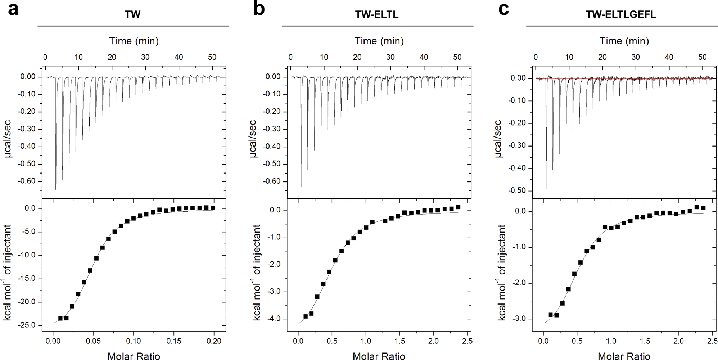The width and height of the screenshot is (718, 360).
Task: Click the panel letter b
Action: point(259,9)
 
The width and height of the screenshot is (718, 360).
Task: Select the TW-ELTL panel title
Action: point(377,14)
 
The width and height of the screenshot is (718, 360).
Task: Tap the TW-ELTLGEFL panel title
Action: point(621,14)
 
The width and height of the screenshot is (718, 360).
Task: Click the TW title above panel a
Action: point(132,14)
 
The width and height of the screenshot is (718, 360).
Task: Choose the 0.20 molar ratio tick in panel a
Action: point(214,341)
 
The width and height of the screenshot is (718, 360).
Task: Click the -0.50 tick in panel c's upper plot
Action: point(518,190)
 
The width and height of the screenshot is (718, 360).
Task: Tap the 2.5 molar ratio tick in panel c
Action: point(712,341)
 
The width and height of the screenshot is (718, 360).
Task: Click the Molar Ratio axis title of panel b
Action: point(379,356)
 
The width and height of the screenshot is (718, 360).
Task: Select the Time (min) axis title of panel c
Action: point(624,41)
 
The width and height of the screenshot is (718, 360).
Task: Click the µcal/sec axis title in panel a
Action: point(8,139)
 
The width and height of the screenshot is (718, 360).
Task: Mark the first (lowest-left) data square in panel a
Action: point(60,318)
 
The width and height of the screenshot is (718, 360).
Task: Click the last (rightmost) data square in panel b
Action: point(458,207)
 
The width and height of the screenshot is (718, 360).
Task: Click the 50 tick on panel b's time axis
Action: point(457,57)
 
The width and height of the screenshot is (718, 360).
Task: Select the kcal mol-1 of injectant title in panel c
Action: point(502,273)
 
